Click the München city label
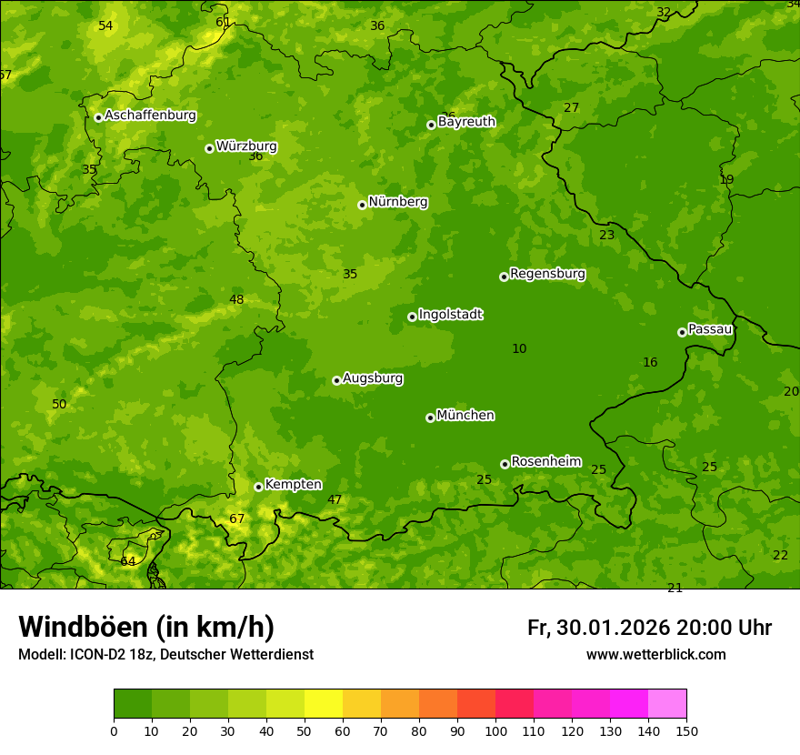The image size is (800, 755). pos(465,416)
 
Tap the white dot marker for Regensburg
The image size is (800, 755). pos(504,277)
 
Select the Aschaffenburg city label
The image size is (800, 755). pos(150,116)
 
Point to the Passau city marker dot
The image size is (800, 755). pos(682,332)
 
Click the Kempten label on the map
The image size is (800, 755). pos(293,485)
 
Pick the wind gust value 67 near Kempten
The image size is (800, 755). pos(237,519)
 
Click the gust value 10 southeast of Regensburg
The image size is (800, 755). pos(519,348)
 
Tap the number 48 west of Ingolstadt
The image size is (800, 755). pos(236,300)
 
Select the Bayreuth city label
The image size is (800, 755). pos(466,122)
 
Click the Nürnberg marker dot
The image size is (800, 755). pos(362,205)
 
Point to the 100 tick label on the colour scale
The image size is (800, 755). pos(495,730)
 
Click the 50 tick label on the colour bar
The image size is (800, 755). pos(305,730)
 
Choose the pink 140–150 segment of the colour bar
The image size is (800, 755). pos(667,704)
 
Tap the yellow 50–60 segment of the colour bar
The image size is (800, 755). pos(324,704)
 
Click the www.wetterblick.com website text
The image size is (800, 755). pos(655,655)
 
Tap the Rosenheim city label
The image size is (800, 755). pos(545,461)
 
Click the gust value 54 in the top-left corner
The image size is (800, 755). pos(106,25)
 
